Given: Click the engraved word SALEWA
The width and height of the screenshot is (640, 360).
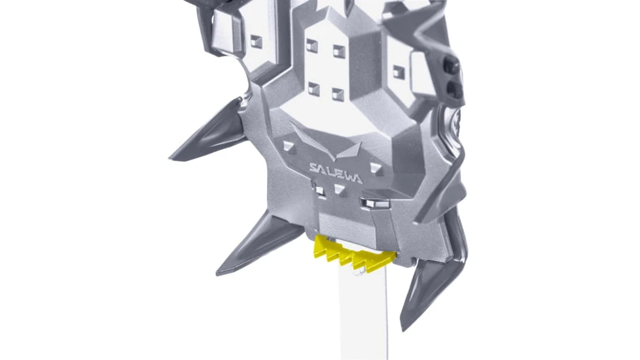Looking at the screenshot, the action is [336, 173].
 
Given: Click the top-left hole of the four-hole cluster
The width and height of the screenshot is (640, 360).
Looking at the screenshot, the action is [312, 45].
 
